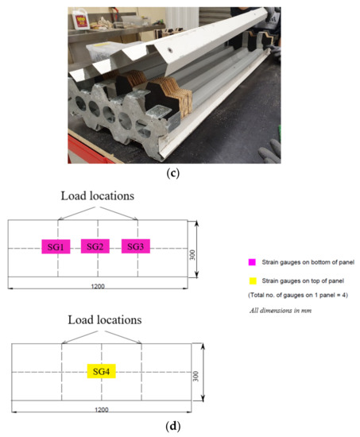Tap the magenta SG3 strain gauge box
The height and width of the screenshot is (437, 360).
pos(137,246)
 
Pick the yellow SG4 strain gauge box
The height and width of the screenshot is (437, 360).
pos(101,372)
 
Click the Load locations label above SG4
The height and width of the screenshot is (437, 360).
pos(101,320)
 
